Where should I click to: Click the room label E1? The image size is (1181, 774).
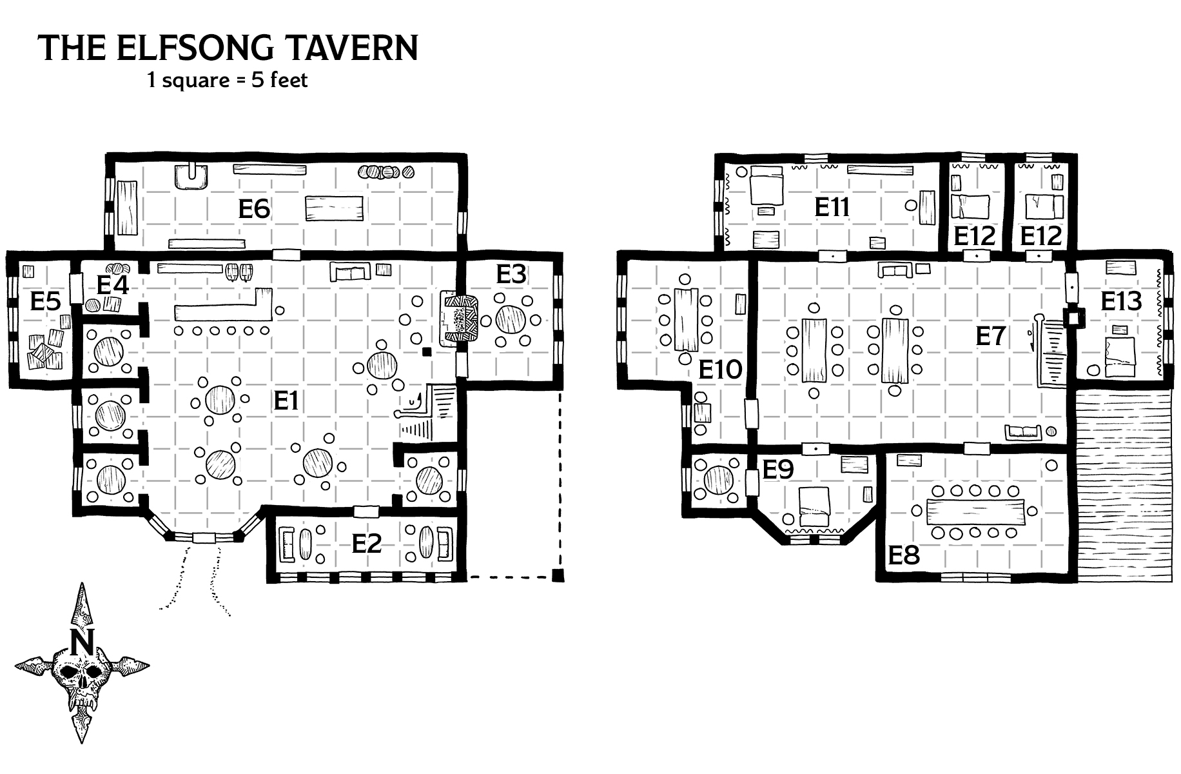pyautogui.click(x=286, y=401)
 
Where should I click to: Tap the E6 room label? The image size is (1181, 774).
pyautogui.click(x=254, y=208)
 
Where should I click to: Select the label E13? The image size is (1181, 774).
pyautogui.click(x=1121, y=301)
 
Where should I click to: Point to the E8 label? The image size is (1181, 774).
pyautogui.click(x=904, y=555)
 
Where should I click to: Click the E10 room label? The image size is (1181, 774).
pyautogui.click(x=720, y=370)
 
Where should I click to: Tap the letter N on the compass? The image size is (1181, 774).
pyautogui.click(x=82, y=642)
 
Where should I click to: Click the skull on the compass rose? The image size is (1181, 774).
pyautogui.click(x=82, y=677)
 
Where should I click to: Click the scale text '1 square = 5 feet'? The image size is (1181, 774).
pyautogui.click(x=228, y=80)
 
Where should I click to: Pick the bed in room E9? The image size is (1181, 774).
pyautogui.click(x=814, y=507)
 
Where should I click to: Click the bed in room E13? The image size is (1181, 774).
pyautogui.click(x=1121, y=358)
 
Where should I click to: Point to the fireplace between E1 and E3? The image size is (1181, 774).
pyautogui.click(x=459, y=319)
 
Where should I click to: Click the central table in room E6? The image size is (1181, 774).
pyautogui.click(x=334, y=208)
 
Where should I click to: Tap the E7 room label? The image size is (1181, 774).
pyautogui.click(x=990, y=336)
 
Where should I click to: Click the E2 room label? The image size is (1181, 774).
pyautogui.click(x=367, y=544)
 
